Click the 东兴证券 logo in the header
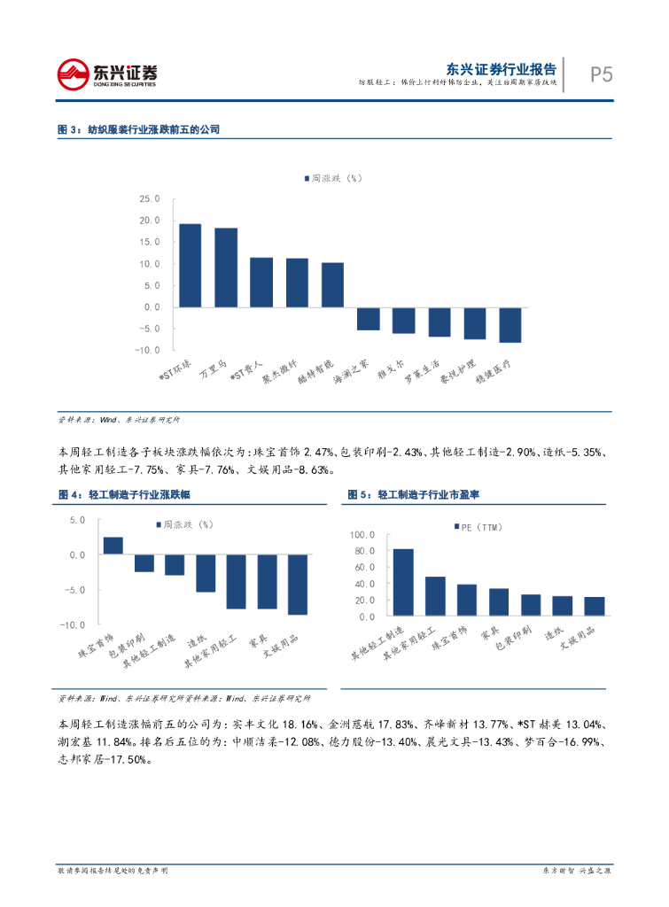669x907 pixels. pos(107,74)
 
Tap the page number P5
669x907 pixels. pos(602,74)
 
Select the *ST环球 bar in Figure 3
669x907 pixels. pos(191,265)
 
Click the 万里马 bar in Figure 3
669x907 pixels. pos(226,267)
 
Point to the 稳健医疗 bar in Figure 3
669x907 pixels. pos(510,324)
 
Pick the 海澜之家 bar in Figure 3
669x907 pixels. pos(369,319)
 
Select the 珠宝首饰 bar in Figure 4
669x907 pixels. pos(113,546)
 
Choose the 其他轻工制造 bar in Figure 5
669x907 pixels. pos(403,582)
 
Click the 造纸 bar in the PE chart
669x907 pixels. pos(563,606)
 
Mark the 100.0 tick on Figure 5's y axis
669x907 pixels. pos(363,535)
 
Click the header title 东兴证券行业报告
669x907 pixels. pos(502,68)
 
